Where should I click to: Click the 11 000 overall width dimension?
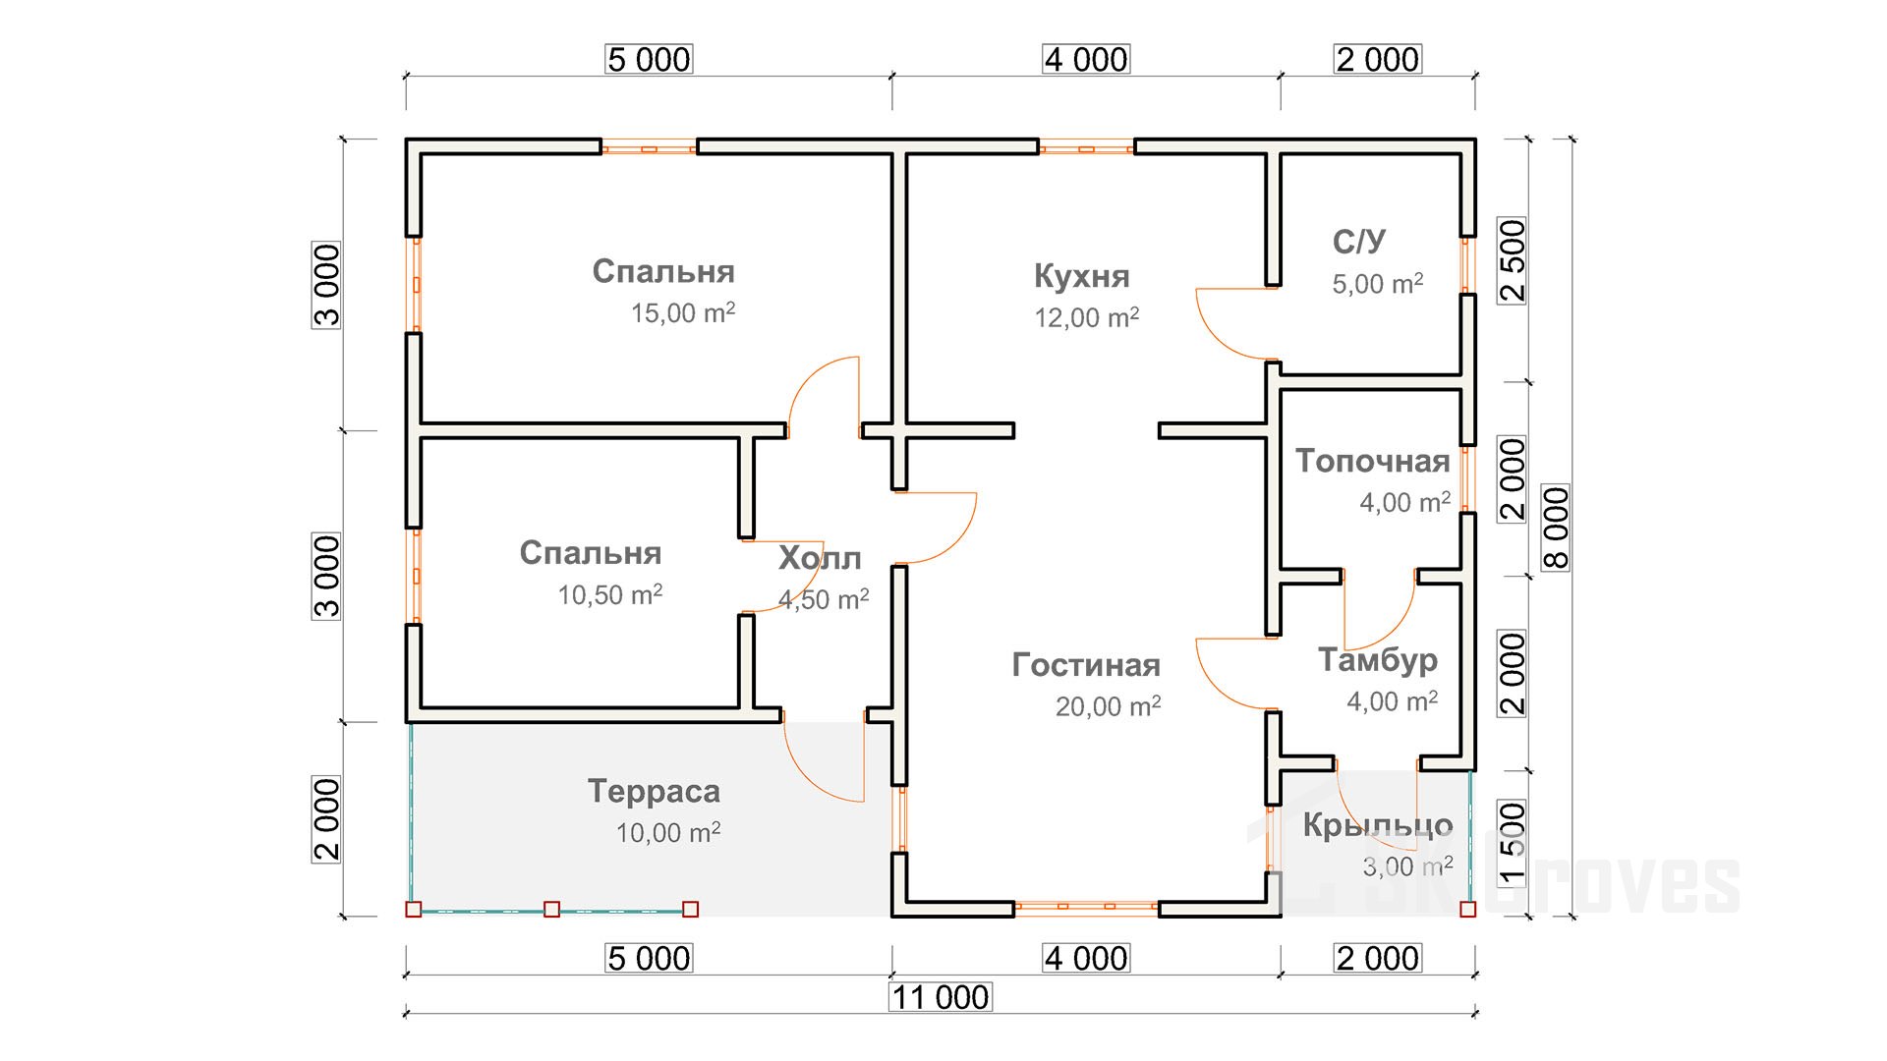tap(941, 997)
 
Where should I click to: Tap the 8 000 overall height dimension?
tap(1557, 528)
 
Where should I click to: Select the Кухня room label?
tap(1081, 276)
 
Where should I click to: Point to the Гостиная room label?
tap(1086, 665)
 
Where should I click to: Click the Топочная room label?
tap(1372, 461)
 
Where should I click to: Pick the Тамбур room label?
tap(1377, 659)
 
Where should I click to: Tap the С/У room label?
tap(1359, 241)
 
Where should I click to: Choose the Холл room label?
tap(820, 558)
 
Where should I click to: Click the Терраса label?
tap(654, 791)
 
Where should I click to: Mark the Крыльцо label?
tap(1377, 825)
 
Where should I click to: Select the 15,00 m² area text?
tap(682, 313)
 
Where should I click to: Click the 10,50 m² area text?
tap(609, 594)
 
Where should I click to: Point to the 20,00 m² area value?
tap(1108, 706)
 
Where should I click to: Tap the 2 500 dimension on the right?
tap(1513, 260)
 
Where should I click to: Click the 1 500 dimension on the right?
tap(1513, 842)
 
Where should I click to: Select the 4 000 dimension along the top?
tap(1086, 59)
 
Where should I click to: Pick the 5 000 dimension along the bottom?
tap(649, 958)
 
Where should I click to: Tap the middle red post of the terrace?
tap(552, 910)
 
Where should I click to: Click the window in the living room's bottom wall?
tap(1086, 908)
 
